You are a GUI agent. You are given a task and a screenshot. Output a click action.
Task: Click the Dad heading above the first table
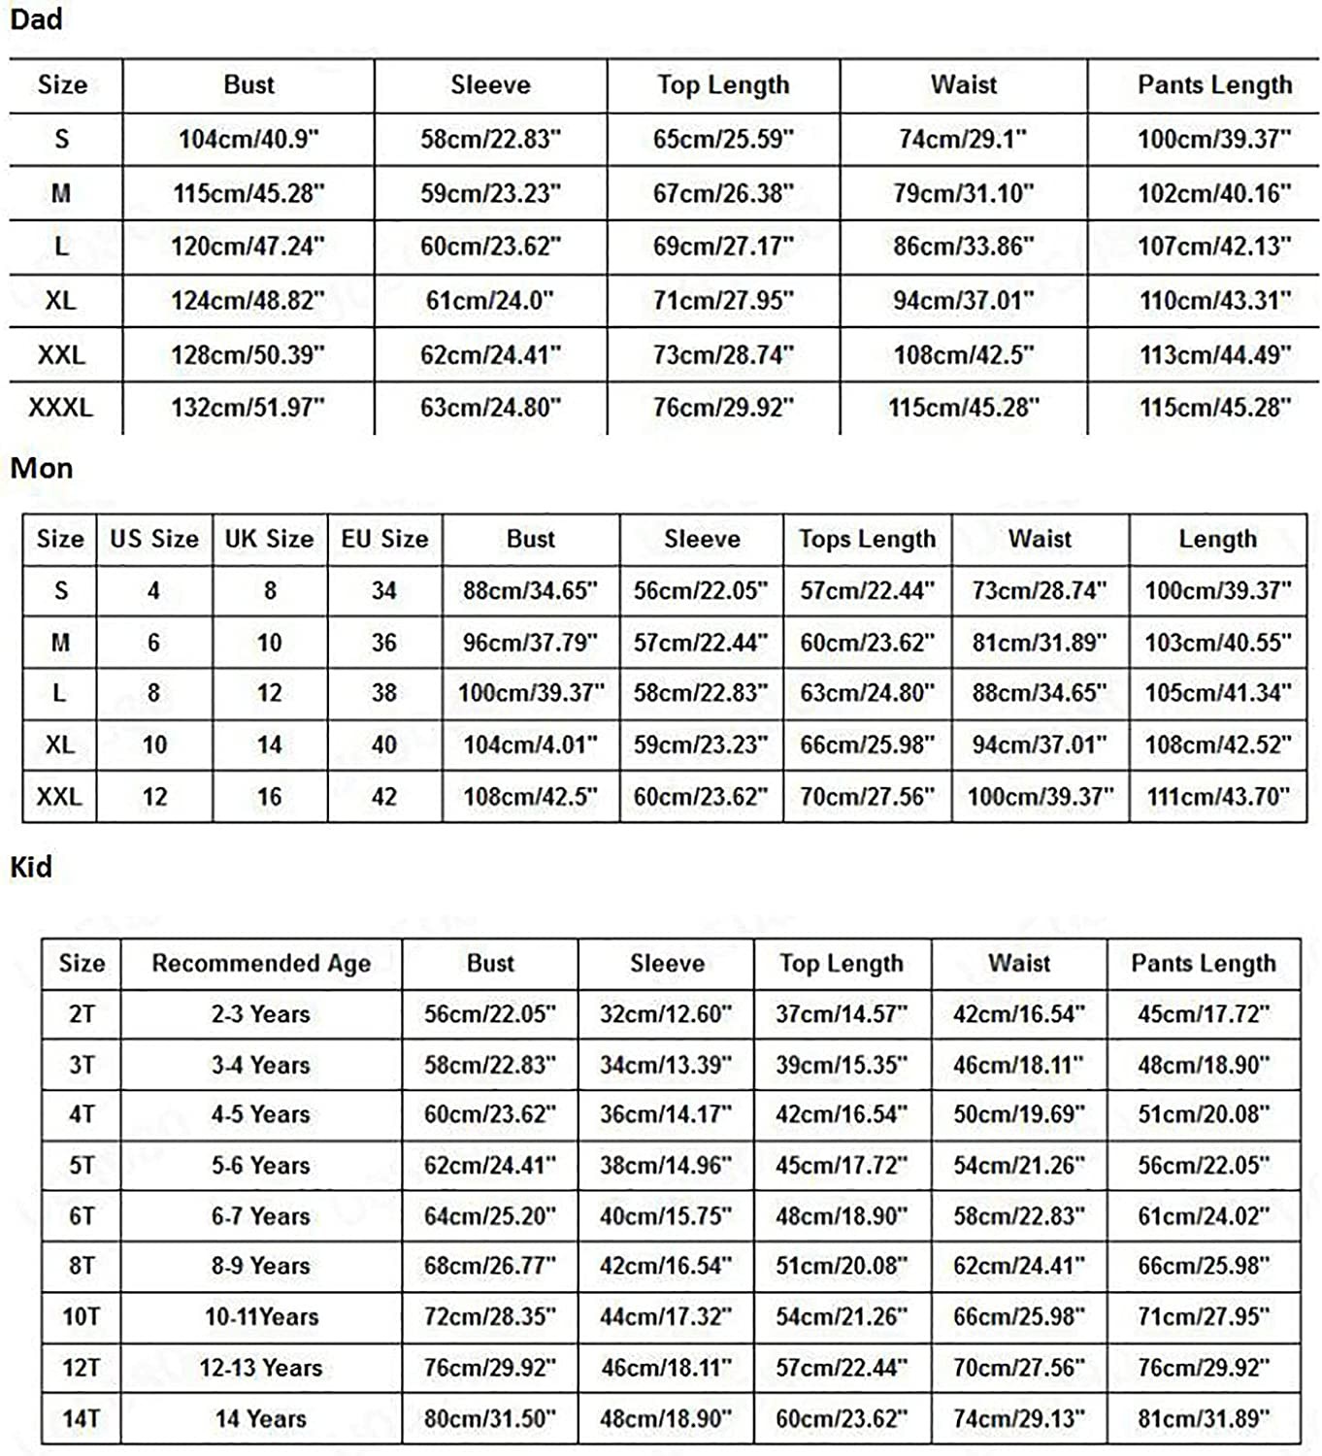[36, 19]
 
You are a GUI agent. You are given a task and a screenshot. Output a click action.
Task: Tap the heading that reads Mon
[42, 468]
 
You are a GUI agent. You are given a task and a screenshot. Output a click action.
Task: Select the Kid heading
[31, 867]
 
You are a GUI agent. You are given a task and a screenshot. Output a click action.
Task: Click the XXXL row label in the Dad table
[60, 408]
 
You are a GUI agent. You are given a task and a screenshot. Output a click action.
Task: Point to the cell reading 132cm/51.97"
[248, 408]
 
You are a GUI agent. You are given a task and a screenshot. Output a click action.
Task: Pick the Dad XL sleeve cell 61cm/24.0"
[490, 301]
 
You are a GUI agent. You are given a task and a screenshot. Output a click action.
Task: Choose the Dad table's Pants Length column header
[1214, 85]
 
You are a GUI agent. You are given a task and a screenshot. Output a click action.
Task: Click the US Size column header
[154, 539]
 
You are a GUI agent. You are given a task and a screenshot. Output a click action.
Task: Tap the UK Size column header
[269, 539]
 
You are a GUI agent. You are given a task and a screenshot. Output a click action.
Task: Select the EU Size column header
[384, 539]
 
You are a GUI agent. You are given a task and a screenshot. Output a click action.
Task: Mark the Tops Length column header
[867, 539]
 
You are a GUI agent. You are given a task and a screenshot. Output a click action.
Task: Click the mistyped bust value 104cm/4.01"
[530, 745]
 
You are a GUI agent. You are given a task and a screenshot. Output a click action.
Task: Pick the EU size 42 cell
[384, 797]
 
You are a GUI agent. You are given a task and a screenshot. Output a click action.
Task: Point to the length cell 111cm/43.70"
[1217, 797]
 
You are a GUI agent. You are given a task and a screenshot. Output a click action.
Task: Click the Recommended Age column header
[261, 963]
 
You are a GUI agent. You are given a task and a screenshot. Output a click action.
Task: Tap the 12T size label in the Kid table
[82, 1368]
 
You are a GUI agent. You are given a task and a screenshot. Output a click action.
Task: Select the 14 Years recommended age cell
[261, 1419]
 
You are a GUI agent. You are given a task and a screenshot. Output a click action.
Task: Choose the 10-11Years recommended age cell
[261, 1317]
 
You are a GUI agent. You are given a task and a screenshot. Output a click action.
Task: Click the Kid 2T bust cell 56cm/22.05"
[489, 1014]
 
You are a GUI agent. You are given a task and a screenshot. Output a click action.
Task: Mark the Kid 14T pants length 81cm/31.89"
[1204, 1419]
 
